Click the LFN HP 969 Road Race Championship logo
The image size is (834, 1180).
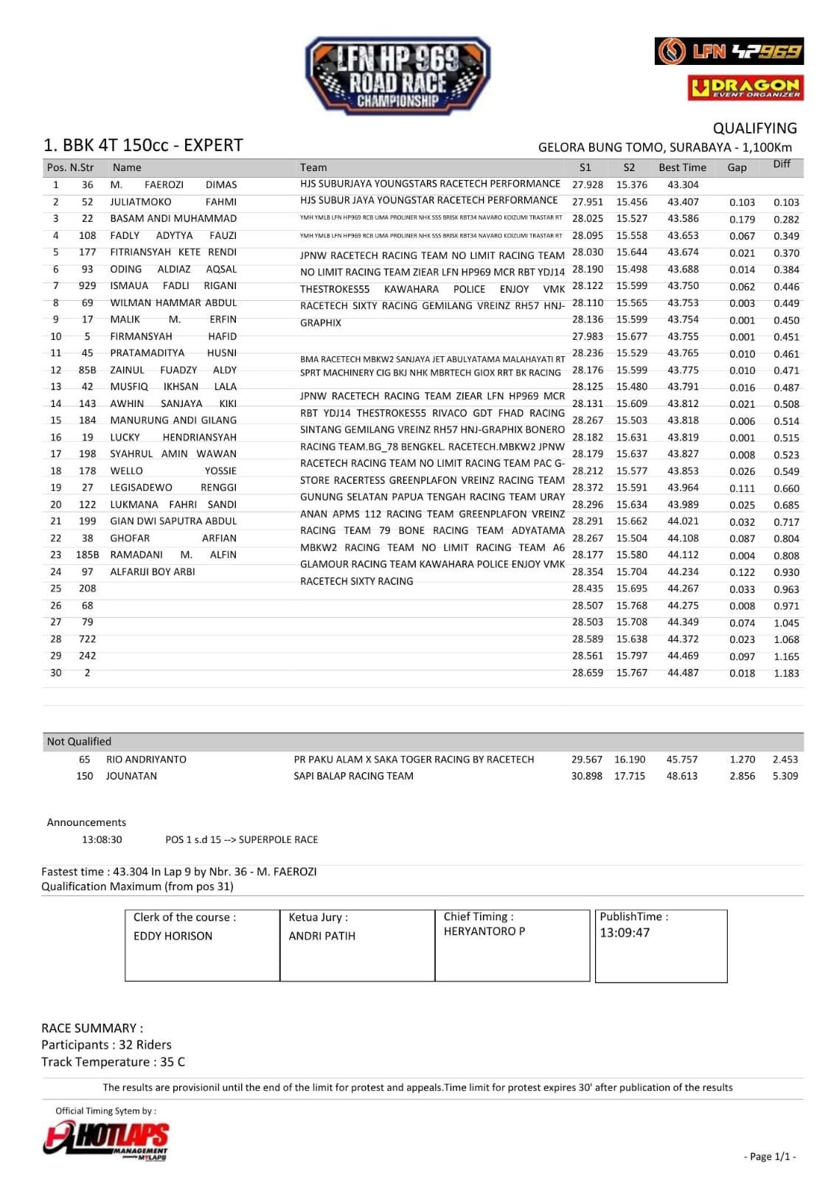click(x=397, y=76)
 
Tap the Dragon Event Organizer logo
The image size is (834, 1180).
click(x=746, y=88)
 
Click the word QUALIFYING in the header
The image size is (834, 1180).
click(x=754, y=128)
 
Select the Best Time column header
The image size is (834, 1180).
click(x=682, y=167)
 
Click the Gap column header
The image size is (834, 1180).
click(x=737, y=167)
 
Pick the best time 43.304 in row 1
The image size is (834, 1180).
click(x=683, y=185)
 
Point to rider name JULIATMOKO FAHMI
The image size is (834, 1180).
click(x=173, y=202)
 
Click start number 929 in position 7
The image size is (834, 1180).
click(x=87, y=286)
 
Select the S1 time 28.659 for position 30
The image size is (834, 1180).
click(x=587, y=673)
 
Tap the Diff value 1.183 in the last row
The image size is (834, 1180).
click(x=786, y=673)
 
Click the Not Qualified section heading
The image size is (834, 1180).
click(x=79, y=742)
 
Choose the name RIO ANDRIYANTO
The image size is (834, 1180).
click(x=146, y=760)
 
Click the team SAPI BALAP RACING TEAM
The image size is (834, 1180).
click(x=353, y=776)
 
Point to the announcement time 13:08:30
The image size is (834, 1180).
click(x=102, y=840)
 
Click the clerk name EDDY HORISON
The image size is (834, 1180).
click(x=173, y=936)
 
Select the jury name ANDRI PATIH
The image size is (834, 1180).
click(x=322, y=936)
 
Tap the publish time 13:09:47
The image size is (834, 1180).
click(x=625, y=933)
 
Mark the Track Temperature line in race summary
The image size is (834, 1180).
click(x=113, y=1062)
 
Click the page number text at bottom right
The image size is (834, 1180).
click(x=770, y=1157)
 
